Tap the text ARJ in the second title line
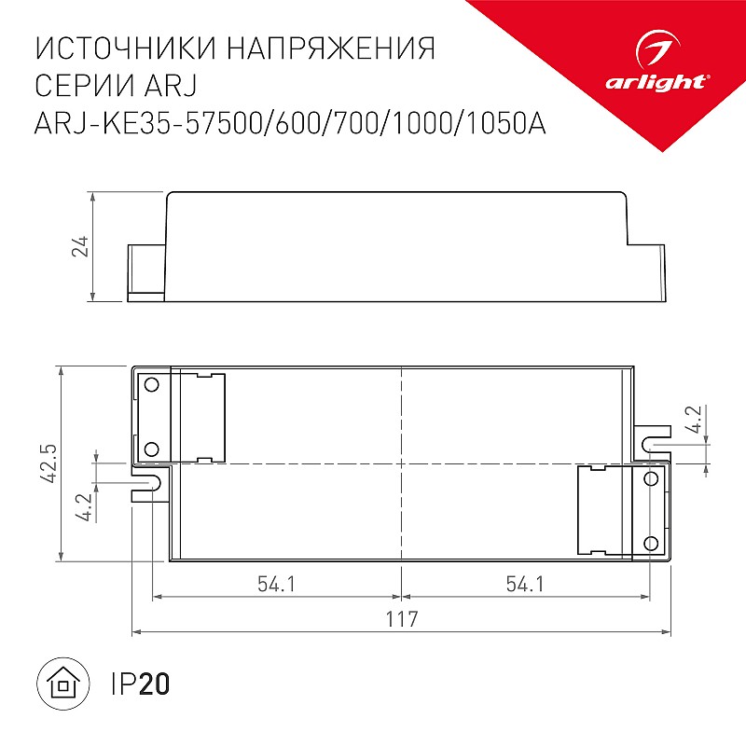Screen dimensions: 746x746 click(x=170, y=85)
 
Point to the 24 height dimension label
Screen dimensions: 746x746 click(x=80, y=246)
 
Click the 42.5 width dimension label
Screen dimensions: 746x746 click(x=48, y=463)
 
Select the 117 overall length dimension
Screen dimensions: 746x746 click(x=402, y=619)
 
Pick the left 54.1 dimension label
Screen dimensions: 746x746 click(x=276, y=584)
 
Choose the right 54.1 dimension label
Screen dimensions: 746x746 click(x=525, y=584)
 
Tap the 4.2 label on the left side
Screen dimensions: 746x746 click(x=85, y=507)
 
